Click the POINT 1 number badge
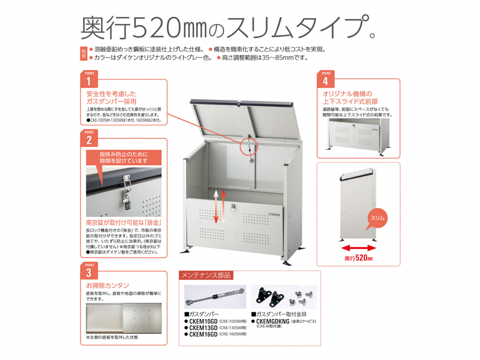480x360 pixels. point(89,79)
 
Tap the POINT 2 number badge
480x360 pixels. point(89,138)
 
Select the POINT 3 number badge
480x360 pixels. point(89,271)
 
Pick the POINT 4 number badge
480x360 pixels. point(325,79)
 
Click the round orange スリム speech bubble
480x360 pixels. point(377,218)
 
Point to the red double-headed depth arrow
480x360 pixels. point(358,248)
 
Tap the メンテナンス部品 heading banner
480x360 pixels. point(206,275)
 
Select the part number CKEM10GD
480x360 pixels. point(203,321)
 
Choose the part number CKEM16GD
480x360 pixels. point(203,334)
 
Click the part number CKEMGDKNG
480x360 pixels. point(273,321)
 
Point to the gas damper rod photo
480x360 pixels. point(215,297)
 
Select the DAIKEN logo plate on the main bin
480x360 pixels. point(274,214)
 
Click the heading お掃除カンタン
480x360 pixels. point(107,286)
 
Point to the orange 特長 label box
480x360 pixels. point(84,54)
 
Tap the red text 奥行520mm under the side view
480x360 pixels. point(358,258)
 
